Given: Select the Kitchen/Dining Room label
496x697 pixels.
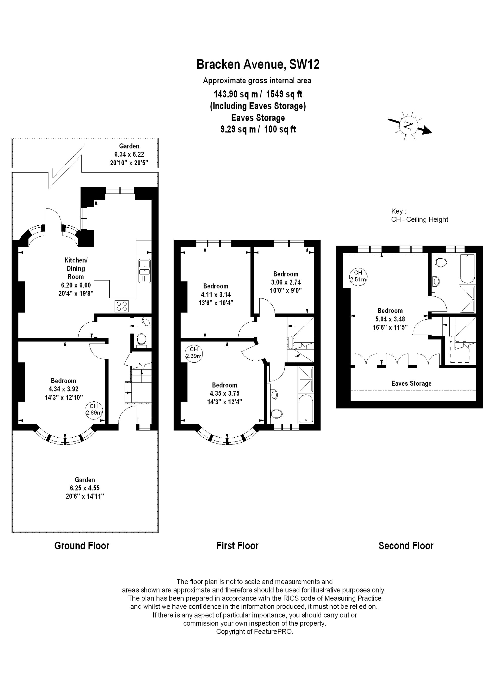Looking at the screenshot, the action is [76, 268].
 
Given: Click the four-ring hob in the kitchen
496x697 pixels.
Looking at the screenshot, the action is [122, 306].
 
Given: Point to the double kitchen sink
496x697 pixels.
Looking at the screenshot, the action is [144, 271].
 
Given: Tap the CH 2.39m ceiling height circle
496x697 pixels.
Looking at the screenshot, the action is [194, 352].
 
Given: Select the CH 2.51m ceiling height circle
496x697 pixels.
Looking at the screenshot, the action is [358, 276].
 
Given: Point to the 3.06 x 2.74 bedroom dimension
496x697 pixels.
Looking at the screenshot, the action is [286, 282].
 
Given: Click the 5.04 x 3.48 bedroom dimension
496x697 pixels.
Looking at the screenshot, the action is [390, 319].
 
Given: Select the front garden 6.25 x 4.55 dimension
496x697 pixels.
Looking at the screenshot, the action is [85, 488].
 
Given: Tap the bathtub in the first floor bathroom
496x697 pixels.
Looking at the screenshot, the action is [306, 409].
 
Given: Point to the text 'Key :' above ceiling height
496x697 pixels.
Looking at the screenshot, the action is [399, 211].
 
